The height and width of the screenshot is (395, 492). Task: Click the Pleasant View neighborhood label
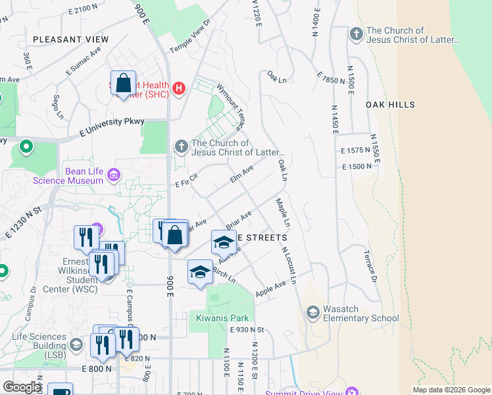click(70, 39)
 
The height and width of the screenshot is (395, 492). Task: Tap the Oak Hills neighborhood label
click(391, 105)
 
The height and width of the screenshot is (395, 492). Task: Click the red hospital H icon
click(178, 88)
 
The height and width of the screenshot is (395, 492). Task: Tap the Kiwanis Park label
click(220, 318)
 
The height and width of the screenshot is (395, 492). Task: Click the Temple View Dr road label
click(193, 37)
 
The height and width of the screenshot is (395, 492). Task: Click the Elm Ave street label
click(241, 174)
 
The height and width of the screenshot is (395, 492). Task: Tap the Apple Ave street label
click(271, 288)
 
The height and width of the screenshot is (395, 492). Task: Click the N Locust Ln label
click(289, 265)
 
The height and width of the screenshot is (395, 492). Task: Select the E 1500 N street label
click(357, 167)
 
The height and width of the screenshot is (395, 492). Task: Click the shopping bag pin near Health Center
click(123, 83)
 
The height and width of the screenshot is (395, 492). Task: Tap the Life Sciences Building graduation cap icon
click(76, 344)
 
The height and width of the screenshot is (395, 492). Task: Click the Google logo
click(22, 387)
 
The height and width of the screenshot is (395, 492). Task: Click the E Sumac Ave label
click(82, 60)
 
